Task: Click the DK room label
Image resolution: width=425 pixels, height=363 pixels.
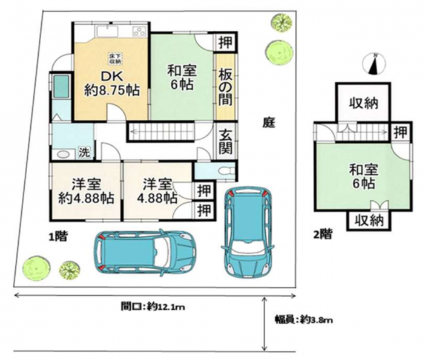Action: point(112,77)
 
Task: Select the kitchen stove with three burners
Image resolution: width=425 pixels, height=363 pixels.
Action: point(139,31)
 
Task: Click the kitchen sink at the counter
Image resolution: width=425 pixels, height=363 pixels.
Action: point(107,31)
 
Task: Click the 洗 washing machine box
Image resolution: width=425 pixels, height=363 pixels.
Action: point(84,152)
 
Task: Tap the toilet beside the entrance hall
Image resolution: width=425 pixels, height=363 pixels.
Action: point(227,171)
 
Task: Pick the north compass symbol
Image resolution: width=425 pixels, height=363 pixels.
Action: point(374,64)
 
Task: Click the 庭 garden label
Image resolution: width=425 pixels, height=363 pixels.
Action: point(269,123)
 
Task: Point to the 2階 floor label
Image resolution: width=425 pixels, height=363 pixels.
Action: point(323,234)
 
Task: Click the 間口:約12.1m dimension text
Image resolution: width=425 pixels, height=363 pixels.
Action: point(153,307)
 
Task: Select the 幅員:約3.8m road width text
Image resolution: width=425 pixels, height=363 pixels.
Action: point(304,320)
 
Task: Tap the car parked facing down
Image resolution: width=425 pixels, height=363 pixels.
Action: point(248,231)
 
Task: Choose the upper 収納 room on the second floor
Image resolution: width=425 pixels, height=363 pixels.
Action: point(363,103)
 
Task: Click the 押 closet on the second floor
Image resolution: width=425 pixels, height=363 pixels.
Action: point(400,132)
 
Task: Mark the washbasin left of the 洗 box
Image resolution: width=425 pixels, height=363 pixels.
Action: point(64,154)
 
